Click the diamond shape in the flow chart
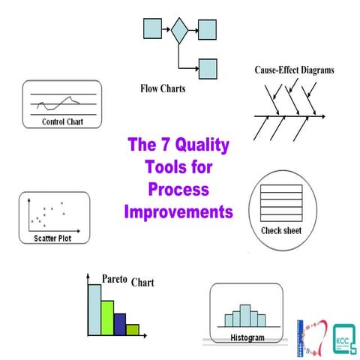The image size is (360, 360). pos(179,31)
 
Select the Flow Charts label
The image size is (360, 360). pos(163,88)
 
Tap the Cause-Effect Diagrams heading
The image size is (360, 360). pos(294,70)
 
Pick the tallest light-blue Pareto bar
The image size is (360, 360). pos(94,309)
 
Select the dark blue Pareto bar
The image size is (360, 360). pos(120,323)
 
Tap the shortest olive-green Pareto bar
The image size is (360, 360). pos(133,328)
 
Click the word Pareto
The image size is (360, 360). pos(115,279)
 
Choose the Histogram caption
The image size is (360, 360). pos(247,338)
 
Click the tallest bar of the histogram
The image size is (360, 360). pos(247,315)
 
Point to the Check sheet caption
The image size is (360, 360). pos(281,230)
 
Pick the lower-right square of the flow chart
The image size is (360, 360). pos(207,67)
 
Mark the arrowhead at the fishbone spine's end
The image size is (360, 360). pos(323,116)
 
